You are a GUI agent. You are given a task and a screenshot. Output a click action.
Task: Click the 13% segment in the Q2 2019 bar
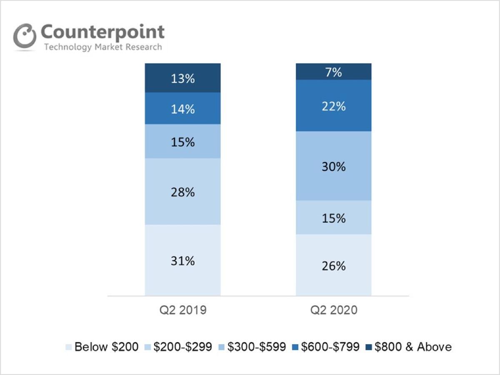pos(182,78)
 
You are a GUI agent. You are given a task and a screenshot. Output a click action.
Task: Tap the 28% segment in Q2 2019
pos(182,192)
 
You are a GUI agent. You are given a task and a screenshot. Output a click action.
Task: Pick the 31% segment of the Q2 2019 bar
pos(182,261)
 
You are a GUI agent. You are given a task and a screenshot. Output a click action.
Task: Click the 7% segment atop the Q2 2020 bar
pos(333,72)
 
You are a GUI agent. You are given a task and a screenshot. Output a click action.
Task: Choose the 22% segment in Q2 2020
pos(333,106)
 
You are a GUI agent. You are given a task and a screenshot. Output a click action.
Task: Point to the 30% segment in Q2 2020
pos(333,166)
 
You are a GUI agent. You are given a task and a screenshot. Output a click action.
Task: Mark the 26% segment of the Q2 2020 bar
pos(333,266)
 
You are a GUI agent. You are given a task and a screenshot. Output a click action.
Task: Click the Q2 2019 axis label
pos(183,310)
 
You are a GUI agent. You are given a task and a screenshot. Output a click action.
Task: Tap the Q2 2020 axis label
pos(334,310)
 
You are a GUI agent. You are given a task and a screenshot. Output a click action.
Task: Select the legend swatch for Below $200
pos(68,347)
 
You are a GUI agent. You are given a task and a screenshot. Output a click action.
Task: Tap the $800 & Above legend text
pos(413,347)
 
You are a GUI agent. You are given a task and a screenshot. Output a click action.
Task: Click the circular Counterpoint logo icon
pos(25,36)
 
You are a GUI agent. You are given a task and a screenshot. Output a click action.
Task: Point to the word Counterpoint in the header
pos(102,32)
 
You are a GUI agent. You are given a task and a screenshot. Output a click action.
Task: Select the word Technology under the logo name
pos(68,47)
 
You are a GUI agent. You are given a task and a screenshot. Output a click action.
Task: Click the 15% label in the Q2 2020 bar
pos(333,218)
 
